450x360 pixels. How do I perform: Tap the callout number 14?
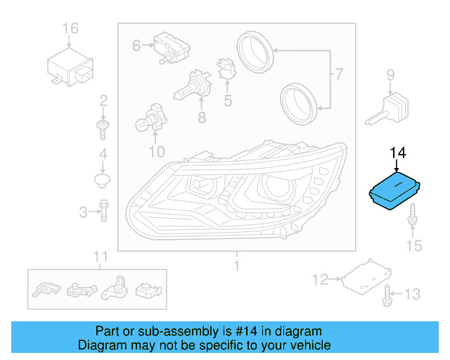pyautogui.click(x=398, y=153)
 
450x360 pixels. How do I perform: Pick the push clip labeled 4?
pyautogui.click(x=103, y=181)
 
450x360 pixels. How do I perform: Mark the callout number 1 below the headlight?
pyautogui.click(x=237, y=266)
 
